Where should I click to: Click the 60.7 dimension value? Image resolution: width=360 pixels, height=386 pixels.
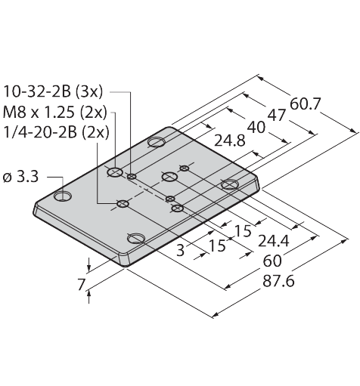[x=305, y=104]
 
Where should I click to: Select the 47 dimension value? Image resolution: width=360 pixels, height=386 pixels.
[x=277, y=116]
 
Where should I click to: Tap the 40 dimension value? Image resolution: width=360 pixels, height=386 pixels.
[x=256, y=127]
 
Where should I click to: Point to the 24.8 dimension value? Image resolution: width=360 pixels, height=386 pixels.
[x=229, y=141]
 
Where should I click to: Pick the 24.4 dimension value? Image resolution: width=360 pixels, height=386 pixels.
[x=274, y=241]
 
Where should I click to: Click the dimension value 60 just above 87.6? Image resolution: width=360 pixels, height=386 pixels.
[x=272, y=261]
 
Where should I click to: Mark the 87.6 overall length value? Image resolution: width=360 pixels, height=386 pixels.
[x=278, y=281]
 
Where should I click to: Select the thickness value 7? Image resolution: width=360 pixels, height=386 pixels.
[x=81, y=285]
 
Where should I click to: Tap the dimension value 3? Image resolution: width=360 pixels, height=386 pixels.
[x=181, y=250]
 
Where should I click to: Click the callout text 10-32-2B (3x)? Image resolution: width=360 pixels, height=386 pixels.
[x=53, y=91]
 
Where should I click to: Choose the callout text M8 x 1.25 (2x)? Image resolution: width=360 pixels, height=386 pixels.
[x=55, y=112]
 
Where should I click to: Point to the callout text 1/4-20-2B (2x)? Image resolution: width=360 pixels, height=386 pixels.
[x=56, y=132]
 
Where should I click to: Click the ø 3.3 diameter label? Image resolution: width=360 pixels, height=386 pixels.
[x=20, y=177]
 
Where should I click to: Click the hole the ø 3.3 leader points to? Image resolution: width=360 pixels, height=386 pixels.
[x=63, y=196]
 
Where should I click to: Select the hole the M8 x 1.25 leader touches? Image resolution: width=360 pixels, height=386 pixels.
[x=115, y=172]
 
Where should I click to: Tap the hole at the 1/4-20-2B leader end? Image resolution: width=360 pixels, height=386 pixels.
[x=123, y=203]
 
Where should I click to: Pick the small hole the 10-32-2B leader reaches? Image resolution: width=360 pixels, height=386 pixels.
[x=132, y=177]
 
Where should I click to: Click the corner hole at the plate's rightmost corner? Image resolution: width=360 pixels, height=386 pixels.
[x=230, y=184]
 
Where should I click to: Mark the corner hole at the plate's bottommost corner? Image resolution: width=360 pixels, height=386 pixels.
[x=136, y=238]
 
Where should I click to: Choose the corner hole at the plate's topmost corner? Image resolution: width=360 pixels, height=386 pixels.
[x=157, y=142]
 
